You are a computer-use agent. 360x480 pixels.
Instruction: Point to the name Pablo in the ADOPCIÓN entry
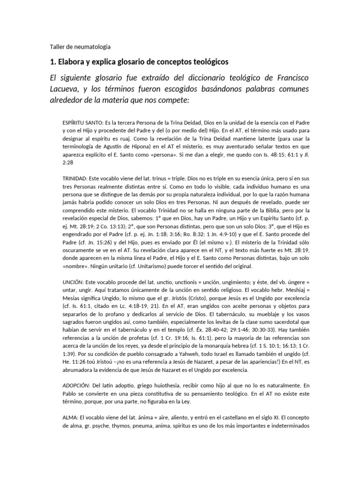pos(71,392)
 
